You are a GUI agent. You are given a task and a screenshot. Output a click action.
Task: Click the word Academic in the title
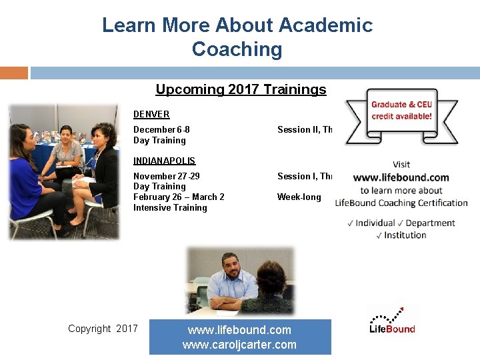point(325,25)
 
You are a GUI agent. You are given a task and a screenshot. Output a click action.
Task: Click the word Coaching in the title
point(237,49)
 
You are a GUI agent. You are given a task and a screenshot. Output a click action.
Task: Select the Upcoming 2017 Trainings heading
point(241,89)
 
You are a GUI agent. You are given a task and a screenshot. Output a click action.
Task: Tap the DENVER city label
point(151,114)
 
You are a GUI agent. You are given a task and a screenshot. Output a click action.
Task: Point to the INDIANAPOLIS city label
point(164,161)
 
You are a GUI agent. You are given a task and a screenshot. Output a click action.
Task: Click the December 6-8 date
point(161,129)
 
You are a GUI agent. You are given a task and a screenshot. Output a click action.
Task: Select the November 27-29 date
point(167,176)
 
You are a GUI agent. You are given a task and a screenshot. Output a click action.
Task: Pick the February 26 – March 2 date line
point(179,197)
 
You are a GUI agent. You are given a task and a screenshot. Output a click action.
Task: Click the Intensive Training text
point(170,207)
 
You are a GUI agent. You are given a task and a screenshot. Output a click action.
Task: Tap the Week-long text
point(299,197)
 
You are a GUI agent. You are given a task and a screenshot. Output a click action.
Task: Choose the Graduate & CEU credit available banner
point(401,110)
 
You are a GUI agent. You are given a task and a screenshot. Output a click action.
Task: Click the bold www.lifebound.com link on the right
point(401,177)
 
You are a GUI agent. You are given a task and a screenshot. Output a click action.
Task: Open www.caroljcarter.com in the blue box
point(239,345)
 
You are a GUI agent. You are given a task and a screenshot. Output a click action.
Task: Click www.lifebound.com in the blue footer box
point(239,330)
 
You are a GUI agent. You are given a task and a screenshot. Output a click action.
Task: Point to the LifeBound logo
point(392,321)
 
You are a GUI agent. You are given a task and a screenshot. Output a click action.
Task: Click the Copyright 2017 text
point(103,328)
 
